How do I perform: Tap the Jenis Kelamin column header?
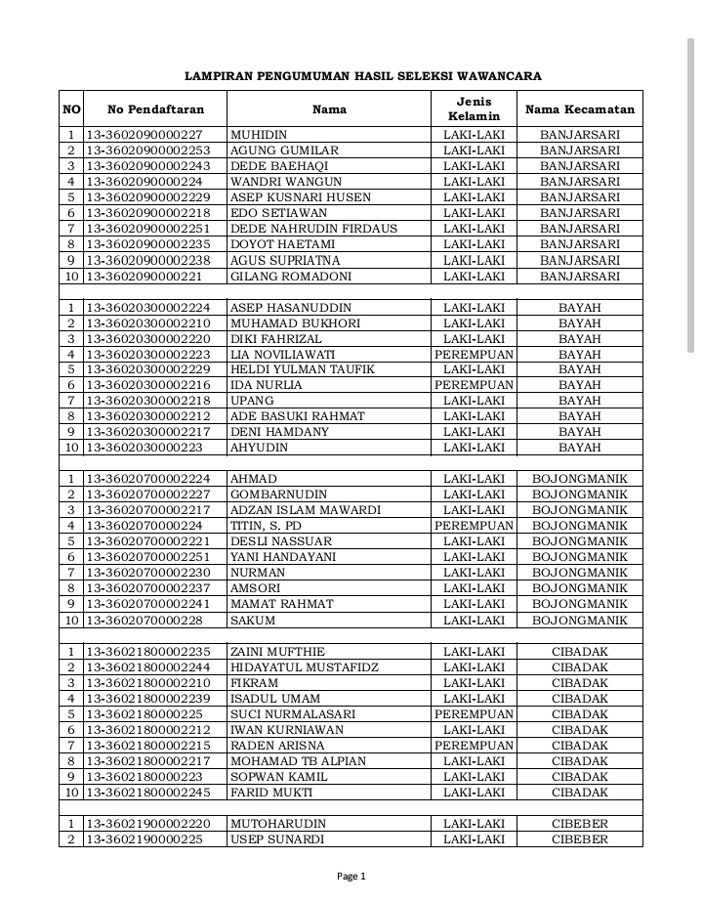(474, 109)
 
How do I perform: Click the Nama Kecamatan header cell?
(579, 109)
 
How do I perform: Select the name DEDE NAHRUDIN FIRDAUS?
(300, 229)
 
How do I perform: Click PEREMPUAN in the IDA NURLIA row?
(474, 385)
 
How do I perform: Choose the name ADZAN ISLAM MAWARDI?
(291, 510)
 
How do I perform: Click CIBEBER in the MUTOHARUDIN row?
(579, 824)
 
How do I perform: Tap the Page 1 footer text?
(351, 877)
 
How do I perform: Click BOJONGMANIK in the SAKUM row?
(579, 620)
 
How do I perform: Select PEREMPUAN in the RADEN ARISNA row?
(474, 746)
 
